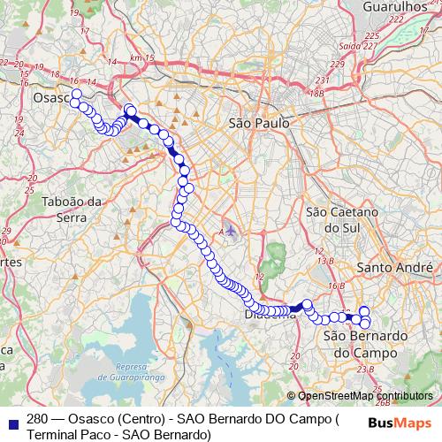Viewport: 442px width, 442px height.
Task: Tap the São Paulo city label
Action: (x=259, y=125)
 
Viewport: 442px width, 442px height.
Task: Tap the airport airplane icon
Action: (x=230, y=230)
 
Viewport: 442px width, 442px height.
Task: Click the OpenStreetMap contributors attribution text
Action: (x=365, y=396)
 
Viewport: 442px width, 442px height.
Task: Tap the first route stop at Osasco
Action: (x=76, y=94)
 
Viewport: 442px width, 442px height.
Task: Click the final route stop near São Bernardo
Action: (x=365, y=324)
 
